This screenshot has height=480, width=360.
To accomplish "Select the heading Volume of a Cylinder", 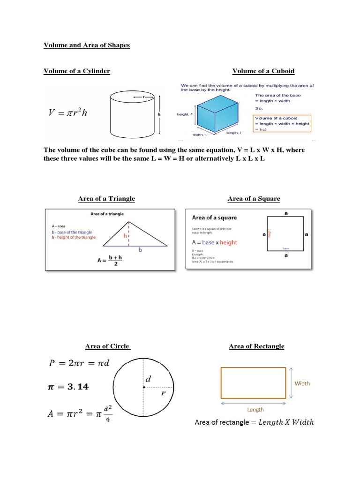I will pos(77,71).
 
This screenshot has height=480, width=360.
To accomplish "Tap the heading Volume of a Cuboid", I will pos(263,71).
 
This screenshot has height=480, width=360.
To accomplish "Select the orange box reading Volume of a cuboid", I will pos(283,124).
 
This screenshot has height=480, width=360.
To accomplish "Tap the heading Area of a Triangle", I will pos(106,199).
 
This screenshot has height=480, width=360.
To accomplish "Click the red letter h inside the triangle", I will pos(125,236).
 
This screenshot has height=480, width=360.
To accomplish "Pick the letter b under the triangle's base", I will pos(140,251).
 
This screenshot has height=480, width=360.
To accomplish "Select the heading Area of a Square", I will pos(254,199).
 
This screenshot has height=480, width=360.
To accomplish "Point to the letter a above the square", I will pos(286,213).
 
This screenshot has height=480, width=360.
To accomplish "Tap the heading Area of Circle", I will pos(107,346).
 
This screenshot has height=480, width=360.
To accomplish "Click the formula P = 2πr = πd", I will pos(79,363).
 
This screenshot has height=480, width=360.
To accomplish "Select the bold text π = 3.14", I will pos(69,387).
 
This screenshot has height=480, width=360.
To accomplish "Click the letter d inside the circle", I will pos(148,378).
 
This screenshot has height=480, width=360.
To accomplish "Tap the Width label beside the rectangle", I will pos(302,383).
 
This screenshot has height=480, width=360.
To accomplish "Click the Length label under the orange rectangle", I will pos(255,409).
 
